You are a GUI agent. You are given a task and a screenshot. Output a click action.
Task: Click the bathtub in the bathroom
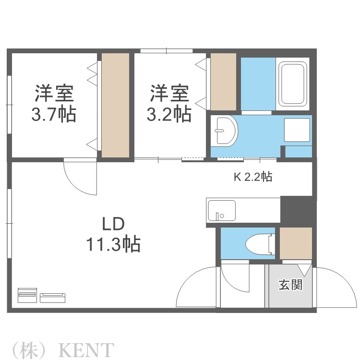pyautogui.click(x=293, y=84)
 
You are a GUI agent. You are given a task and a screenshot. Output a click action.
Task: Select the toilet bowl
pyautogui.click(x=259, y=244)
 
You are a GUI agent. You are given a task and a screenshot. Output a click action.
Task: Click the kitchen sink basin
pyautogui.click(x=221, y=210)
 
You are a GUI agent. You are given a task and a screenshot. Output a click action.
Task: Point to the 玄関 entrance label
pyautogui.click(x=290, y=285)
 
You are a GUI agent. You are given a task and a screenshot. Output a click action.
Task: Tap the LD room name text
pyautogui.click(x=113, y=224)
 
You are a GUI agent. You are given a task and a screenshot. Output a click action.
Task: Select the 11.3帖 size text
pyautogui.click(x=113, y=244)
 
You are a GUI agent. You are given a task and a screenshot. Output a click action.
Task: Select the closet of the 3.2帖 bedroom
pyautogui.click(x=224, y=82)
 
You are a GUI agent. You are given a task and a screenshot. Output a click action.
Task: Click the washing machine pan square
pyautogui.click(x=297, y=130)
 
